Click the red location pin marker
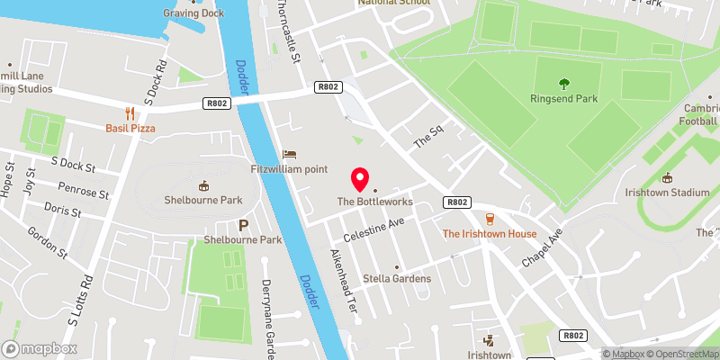pos(361,179)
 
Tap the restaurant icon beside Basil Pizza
pos(130,112)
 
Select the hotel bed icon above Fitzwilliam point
pos(289,154)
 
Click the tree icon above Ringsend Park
pos(564,85)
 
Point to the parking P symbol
pos(242,225)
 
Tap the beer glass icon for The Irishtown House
pos(490,219)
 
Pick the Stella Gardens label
pos(397,278)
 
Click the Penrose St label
pos(82,193)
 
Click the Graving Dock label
pos(193,13)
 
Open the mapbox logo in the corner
pos(37,347)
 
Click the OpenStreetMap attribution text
pos(683,353)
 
